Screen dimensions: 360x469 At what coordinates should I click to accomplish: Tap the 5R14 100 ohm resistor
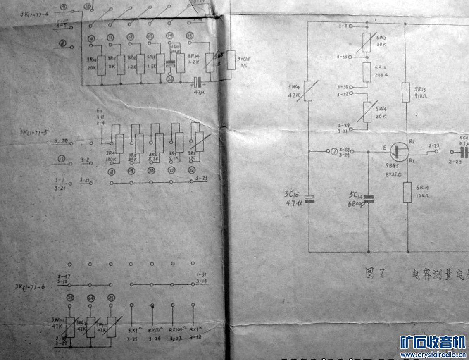[x=407, y=192]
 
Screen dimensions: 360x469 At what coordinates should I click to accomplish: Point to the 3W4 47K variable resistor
[x=308, y=91]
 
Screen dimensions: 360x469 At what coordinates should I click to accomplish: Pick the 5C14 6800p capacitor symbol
[x=369, y=199]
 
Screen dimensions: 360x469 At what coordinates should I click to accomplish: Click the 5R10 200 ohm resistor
[x=367, y=72]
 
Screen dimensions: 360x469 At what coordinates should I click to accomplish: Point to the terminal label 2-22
[x=434, y=146]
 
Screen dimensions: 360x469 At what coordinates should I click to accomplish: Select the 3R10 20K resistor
[x=101, y=66]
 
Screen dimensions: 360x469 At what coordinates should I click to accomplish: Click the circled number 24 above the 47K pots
[x=90, y=298]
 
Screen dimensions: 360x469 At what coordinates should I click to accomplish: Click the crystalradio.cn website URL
[x=433, y=355]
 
